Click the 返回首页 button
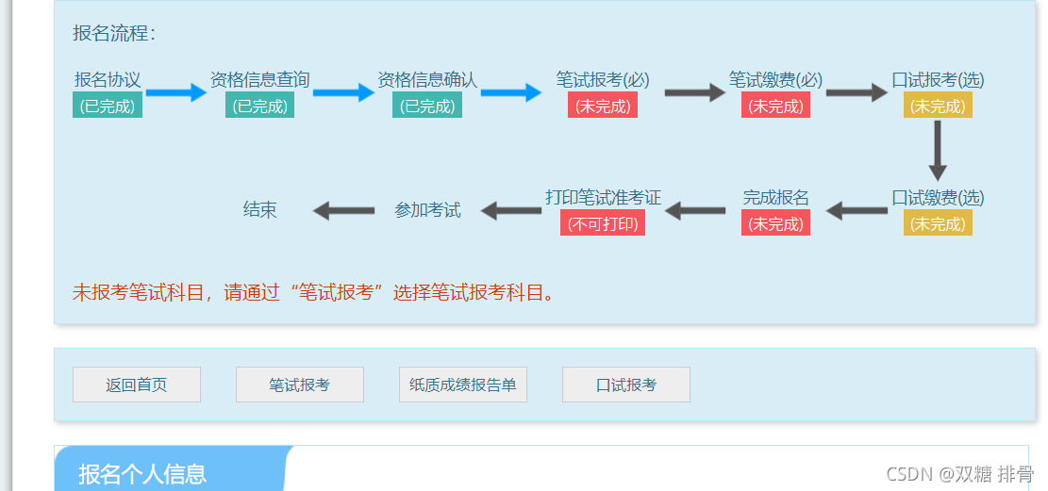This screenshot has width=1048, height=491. pos(137,385)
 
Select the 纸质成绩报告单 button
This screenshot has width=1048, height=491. pos(462,385)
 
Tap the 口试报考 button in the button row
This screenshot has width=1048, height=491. pos(625,385)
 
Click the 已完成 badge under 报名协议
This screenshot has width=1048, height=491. pos(108,106)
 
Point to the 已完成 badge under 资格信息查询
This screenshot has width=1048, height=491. pos(259,106)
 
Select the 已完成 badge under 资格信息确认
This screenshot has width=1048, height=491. pos(427,106)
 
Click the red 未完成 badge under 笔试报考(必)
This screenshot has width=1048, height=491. pos(603,106)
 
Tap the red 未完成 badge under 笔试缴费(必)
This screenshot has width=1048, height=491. pos(775,106)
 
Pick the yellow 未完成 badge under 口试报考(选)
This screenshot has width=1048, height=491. pos(937,106)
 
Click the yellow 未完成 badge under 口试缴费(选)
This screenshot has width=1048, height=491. pos(937,223)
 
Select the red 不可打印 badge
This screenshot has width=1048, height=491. pos(603,223)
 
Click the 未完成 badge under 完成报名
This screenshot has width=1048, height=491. pos(775,223)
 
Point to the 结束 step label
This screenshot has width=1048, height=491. pos(260,209)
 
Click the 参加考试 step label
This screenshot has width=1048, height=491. pos(427,209)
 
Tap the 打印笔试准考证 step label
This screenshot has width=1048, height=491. pos(603,198)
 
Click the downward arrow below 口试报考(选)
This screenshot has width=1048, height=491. pos(937,151)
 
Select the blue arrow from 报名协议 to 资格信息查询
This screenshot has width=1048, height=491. pos(175,92)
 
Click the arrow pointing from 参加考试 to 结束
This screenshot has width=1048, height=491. pos(343,210)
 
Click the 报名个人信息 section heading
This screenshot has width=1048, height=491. pos(142,473)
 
